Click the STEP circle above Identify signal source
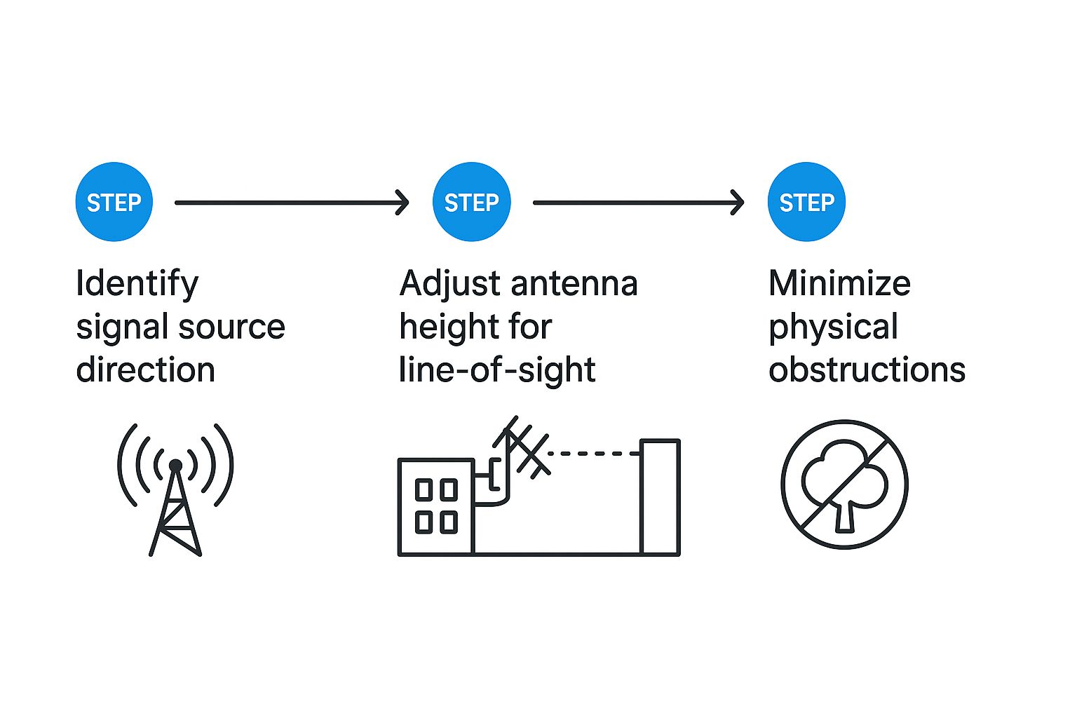tap(114, 202)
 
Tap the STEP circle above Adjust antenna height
tap(471, 202)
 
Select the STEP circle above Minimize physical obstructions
tap(806, 202)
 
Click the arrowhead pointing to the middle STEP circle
tap(402, 203)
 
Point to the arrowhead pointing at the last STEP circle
tap(737, 203)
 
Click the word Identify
tap(137, 284)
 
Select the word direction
tap(145, 370)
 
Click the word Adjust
tap(449, 284)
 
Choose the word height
tap(443, 327)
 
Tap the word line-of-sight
tap(497, 370)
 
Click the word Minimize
tap(839, 284)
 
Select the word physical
tap(833, 327)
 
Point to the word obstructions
tap(867, 370)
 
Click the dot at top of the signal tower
tap(175, 465)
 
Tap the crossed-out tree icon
tap(844, 484)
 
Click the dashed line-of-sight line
tap(592, 454)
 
